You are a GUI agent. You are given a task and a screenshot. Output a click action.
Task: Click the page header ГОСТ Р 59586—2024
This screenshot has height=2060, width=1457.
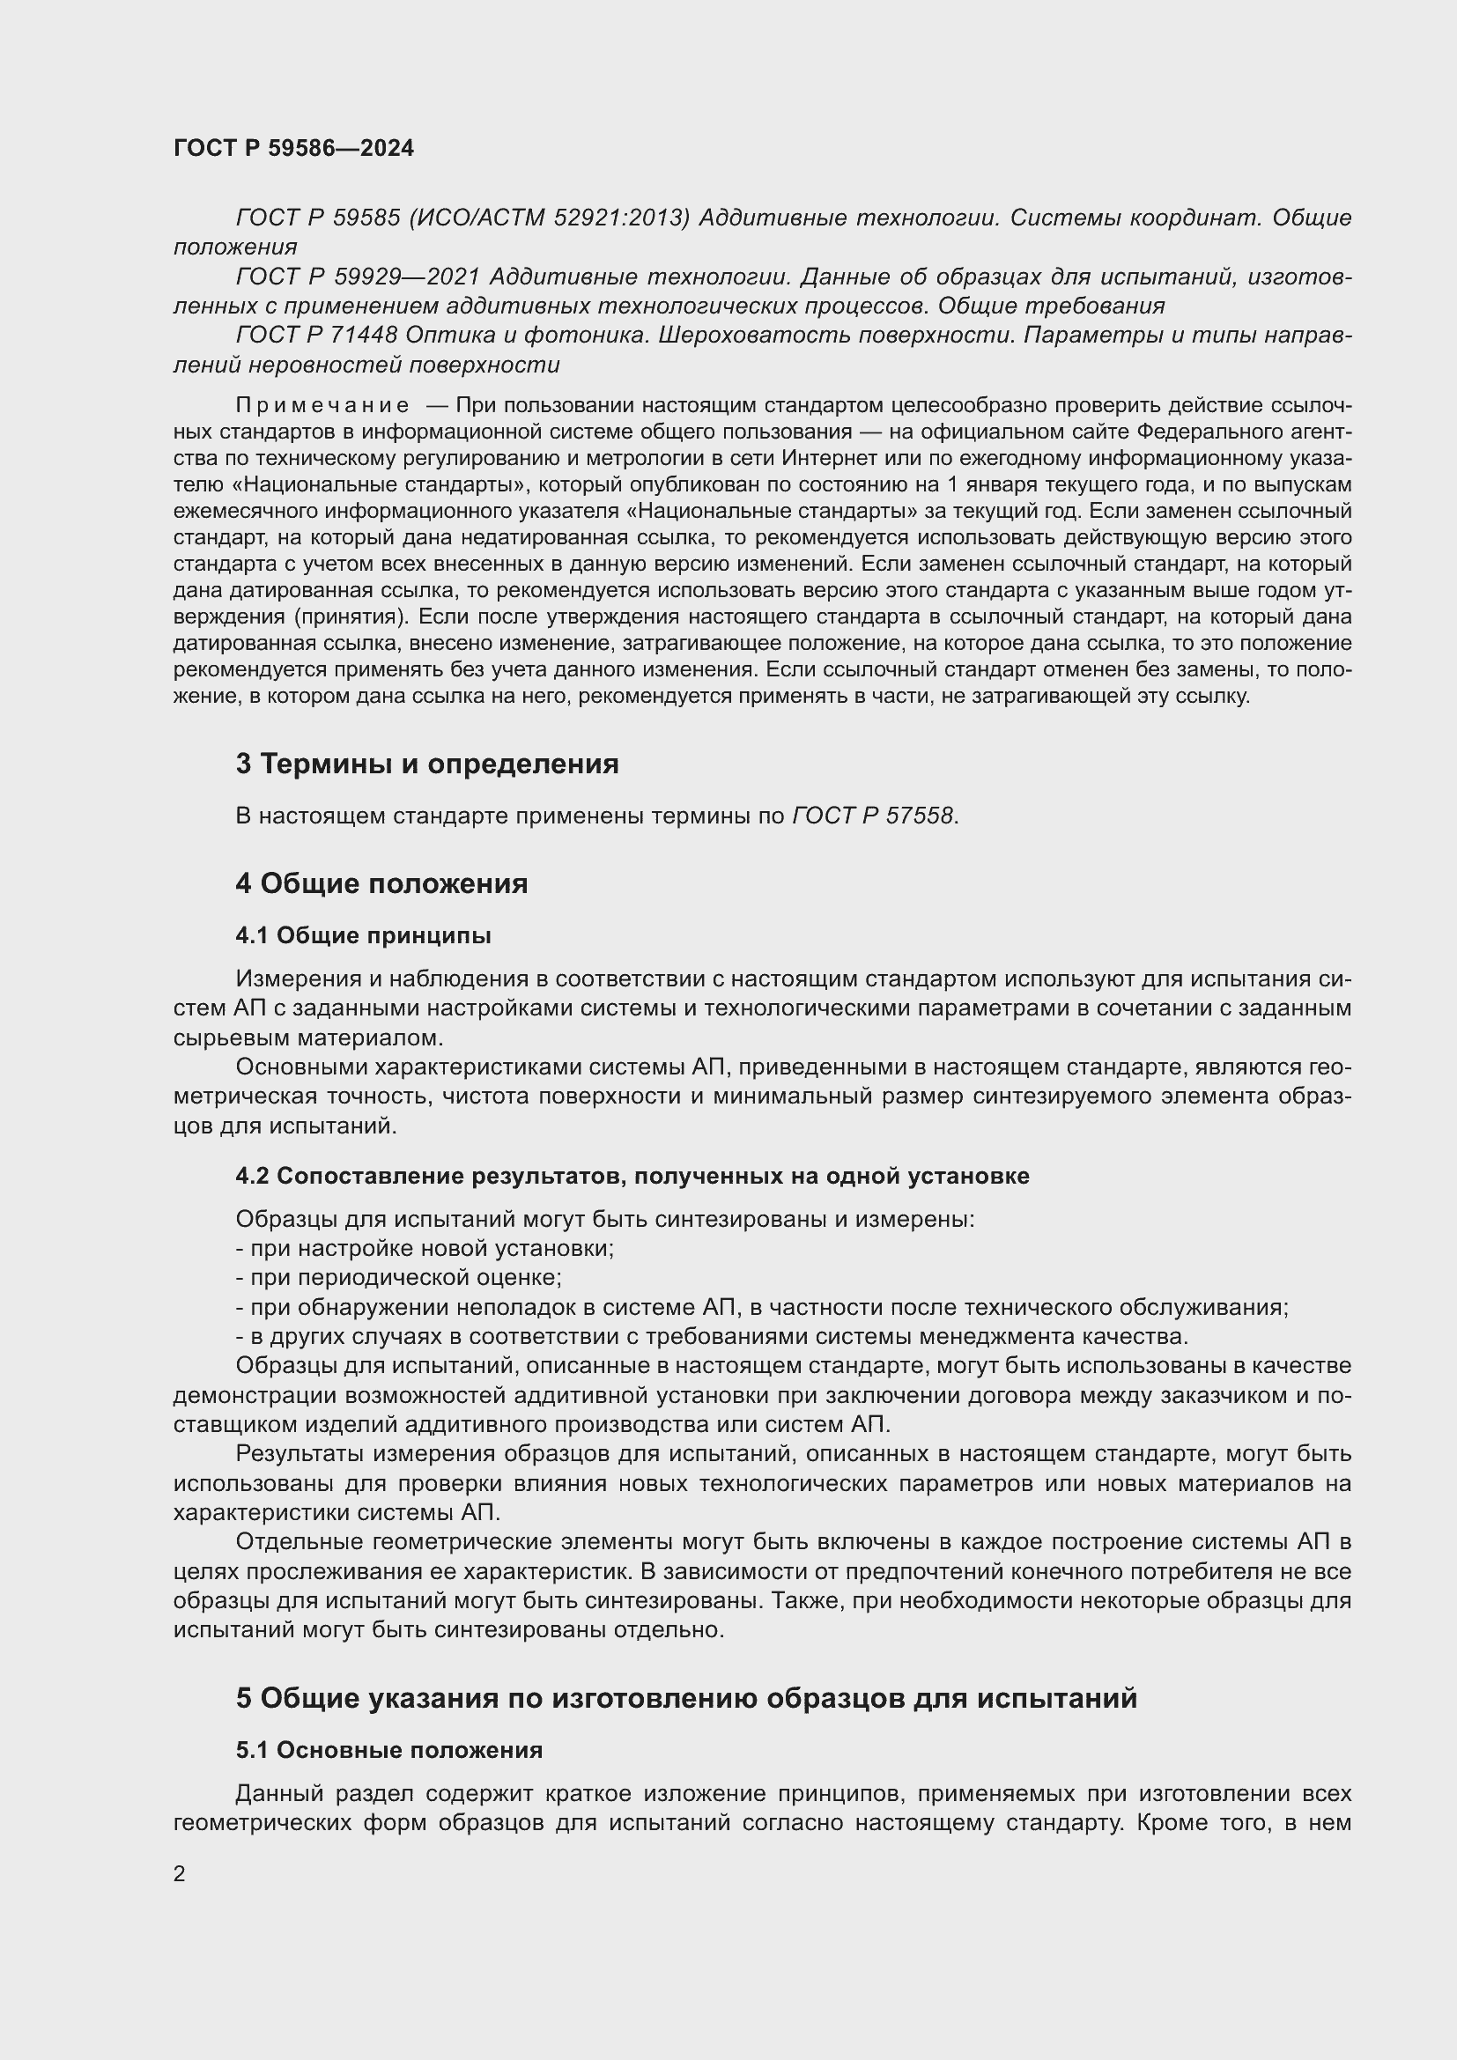tap(293, 149)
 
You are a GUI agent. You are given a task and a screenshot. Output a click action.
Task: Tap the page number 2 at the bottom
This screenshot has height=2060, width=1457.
tap(180, 1873)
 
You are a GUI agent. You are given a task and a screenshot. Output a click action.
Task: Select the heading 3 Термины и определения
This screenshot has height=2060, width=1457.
tap(427, 764)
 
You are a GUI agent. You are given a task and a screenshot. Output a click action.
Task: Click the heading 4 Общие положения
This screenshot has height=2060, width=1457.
tap(381, 883)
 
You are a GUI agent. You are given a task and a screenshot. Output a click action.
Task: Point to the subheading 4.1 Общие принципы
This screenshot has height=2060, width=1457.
tap(363, 936)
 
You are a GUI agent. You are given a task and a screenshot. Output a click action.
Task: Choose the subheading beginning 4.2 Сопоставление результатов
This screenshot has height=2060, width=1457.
tap(632, 1176)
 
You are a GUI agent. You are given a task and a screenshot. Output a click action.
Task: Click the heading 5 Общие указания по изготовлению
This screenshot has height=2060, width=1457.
tap(685, 1698)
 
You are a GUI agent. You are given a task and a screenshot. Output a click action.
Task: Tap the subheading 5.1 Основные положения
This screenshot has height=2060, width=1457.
tap(388, 1751)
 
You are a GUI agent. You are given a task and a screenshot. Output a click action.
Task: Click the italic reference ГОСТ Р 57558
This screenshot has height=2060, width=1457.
tap(873, 816)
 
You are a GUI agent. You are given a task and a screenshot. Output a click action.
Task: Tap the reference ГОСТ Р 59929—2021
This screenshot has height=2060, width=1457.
tap(358, 277)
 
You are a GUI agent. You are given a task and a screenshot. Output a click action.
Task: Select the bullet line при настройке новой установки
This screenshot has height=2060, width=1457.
tap(425, 1248)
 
